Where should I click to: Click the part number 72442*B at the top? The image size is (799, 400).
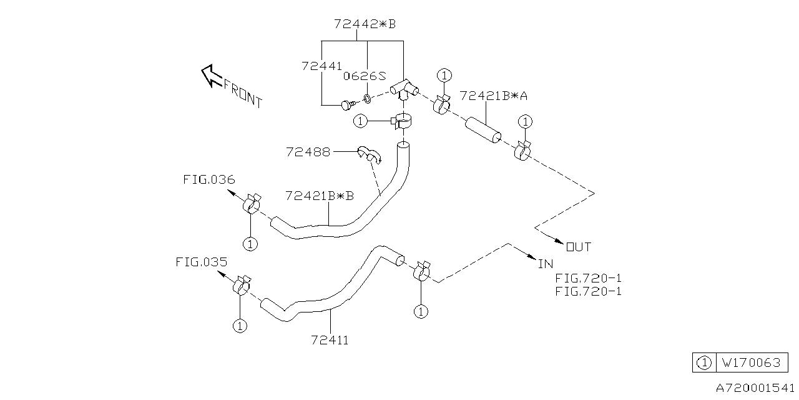pyautogui.click(x=365, y=24)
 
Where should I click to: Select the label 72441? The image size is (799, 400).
pyautogui.click(x=321, y=66)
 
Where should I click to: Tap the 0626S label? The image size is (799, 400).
pyautogui.click(x=365, y=76)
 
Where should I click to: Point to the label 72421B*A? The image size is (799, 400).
pyautogui.click(x=493, y=96)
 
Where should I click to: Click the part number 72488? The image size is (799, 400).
pyautogui.click(x=308, y=152)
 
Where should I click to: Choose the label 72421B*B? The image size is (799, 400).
pyautogui.click(x=319, y=196)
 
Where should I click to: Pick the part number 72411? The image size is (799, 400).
pyautogui.click(x=330, y=340)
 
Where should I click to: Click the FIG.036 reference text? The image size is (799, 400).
pyautogui.click(x=209, y=179)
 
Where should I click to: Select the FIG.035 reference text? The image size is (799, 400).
pyautogui.click(x=201, y=262)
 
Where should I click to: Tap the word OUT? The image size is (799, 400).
pyautogui.click(x=579, y=247)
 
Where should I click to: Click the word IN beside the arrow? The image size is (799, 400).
pyautogui.click(x=546, y=264)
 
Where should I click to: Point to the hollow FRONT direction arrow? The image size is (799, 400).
pyautogui.click(x=213, y=76)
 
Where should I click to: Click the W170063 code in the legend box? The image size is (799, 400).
pyautogui.click(x=751, y=362)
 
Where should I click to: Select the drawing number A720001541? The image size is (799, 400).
pyautogui.click(x=755, y=387)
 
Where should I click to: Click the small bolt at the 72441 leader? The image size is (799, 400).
pyautogui.click(x=348, y=105)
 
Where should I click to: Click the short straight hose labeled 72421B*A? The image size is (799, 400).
pyautogui.click(x=483, y=130)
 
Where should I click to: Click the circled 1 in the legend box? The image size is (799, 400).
pyautogui.click(x=703, y=363)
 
